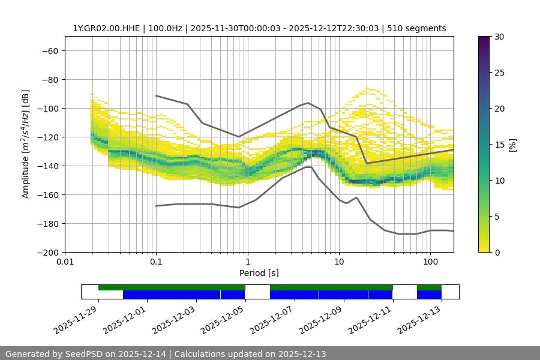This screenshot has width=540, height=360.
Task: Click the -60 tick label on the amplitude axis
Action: click(x=49, y=50)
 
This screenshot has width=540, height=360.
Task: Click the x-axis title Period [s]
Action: click(x=259, y=273)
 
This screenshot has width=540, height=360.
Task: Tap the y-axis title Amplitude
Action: click(x=26, y=144)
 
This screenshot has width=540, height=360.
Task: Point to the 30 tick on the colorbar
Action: click(x=499, y=37)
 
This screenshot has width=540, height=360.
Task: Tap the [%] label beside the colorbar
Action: click(x=512, y=145)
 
